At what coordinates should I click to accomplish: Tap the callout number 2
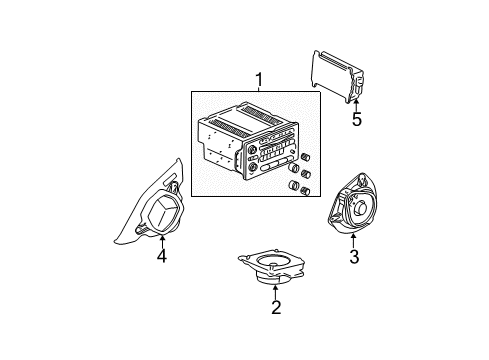pos(275,307)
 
